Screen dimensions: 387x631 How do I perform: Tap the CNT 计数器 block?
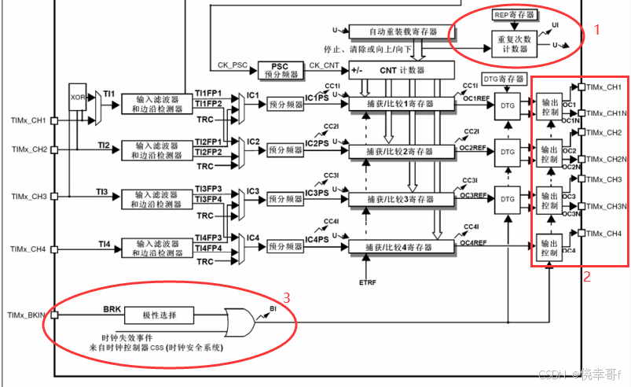(401, 71)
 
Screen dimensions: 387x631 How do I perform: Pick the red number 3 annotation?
(287, 297)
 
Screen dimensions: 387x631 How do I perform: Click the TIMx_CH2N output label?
(605, 159)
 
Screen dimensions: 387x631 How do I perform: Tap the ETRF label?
(368, 281)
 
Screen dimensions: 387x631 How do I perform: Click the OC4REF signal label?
(473, 241)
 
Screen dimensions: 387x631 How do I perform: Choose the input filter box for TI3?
(158, 197)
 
